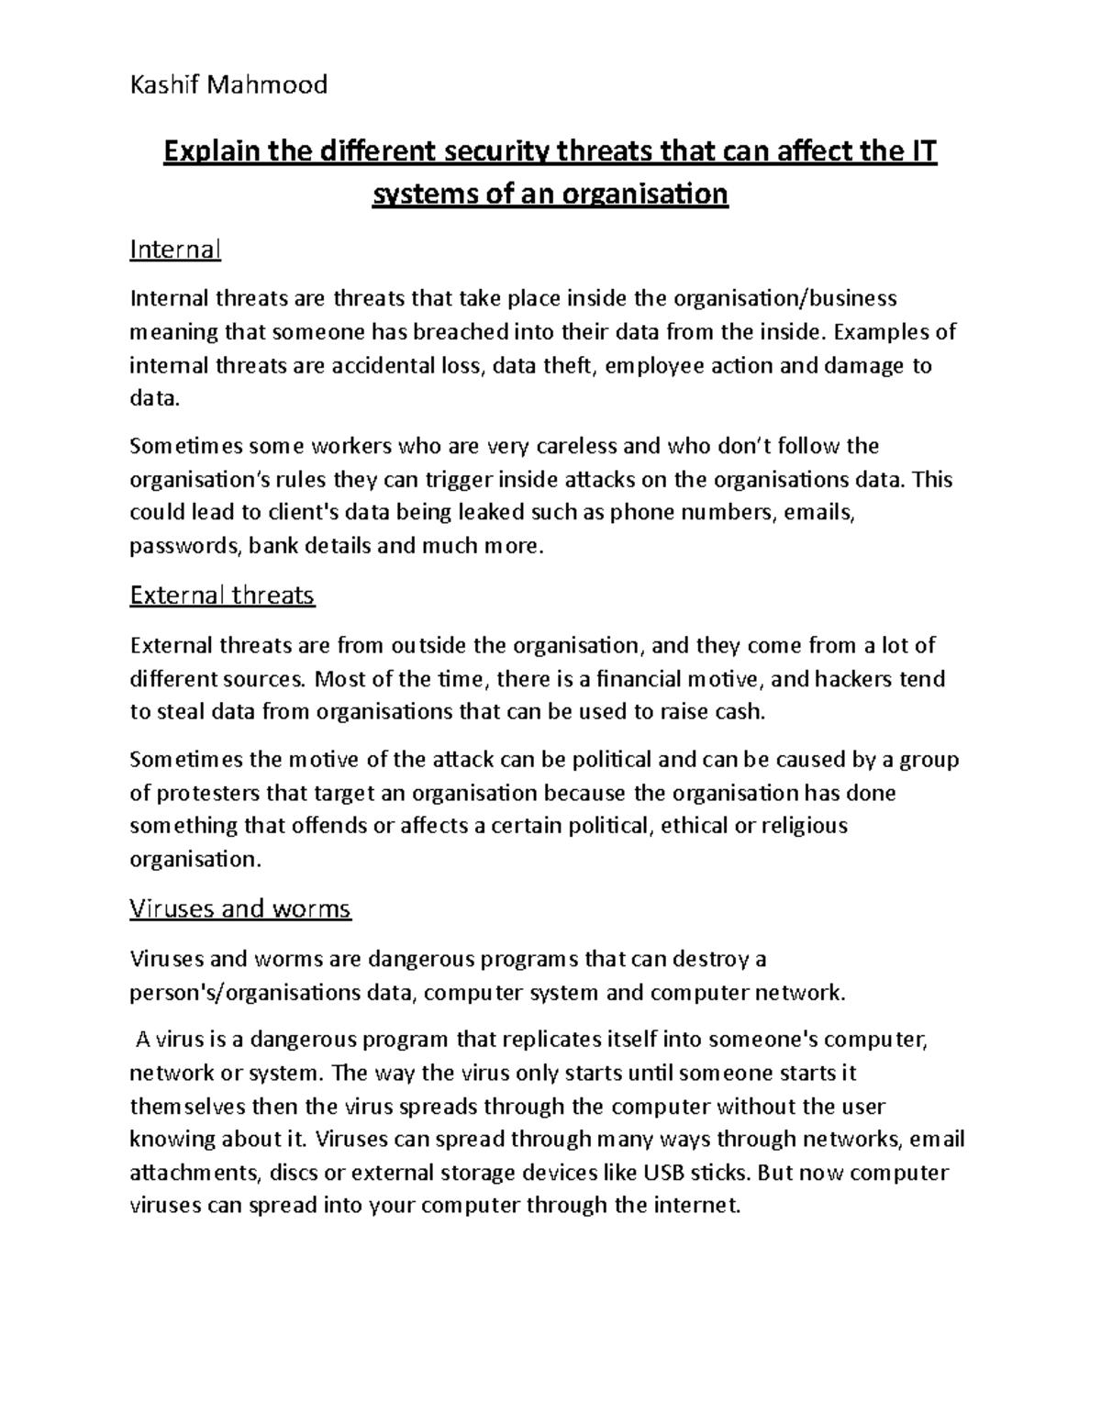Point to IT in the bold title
click(925, 151)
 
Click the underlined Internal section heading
click(175, 250)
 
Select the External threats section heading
click(222, 596)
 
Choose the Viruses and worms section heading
click(240, 908)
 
